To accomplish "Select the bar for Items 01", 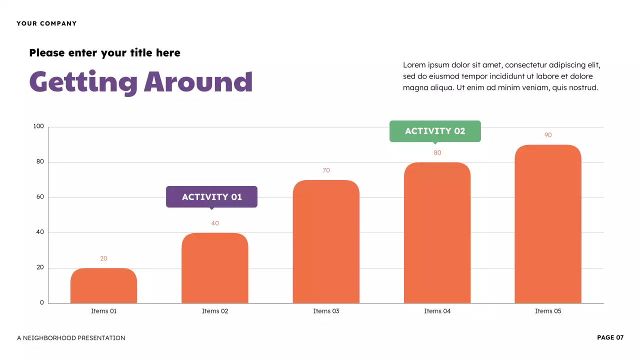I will click(103, 285).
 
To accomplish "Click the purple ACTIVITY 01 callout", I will click(211, 197).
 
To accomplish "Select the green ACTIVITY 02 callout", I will click(435, 131).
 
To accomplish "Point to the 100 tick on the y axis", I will click(38, 126).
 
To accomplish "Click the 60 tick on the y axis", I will click(40, 197).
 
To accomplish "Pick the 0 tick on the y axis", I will click(42, 302).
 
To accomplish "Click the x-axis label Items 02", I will click(215, 311).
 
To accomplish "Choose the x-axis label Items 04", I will click(437, 311).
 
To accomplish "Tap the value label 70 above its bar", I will click(326, 170).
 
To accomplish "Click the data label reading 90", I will click(548, 135).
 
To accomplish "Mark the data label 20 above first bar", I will click(103, 258).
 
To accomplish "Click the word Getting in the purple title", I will click(83, 82).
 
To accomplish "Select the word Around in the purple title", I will click(198, 82).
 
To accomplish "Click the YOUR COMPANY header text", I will click(46, 23).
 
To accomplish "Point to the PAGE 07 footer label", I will click(610, 337).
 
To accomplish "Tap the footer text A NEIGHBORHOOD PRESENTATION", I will click(71, 338).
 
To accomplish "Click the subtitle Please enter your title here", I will click(104, 52).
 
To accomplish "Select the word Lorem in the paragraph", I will click(413, 65).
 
